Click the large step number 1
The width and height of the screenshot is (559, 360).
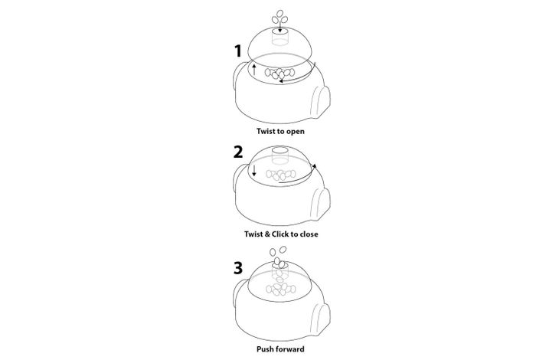click(238, 51)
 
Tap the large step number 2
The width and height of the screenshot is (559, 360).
click(238, 152)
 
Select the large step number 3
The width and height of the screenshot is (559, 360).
click(238, 268)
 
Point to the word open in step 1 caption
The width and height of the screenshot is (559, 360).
click(296, 132)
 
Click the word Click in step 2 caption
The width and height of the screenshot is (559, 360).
click(280, 234)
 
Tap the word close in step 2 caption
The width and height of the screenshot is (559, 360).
click(309, 234)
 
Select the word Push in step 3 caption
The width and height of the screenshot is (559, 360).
click(264, 349)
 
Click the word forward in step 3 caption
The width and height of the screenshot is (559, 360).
click(289, 349)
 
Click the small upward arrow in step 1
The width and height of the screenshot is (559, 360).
click(254, 70)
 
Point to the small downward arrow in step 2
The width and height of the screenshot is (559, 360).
click(254, 171)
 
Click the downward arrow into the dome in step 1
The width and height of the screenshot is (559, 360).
click(279, 25)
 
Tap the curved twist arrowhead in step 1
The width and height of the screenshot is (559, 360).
click(281, 81)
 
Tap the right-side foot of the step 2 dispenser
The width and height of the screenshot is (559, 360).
click(321, 205)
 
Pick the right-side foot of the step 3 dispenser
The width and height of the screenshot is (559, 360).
click(321, 319)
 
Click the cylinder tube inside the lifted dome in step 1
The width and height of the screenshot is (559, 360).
click(279, 37)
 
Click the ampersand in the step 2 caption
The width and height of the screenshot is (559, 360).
click(267, 234)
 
